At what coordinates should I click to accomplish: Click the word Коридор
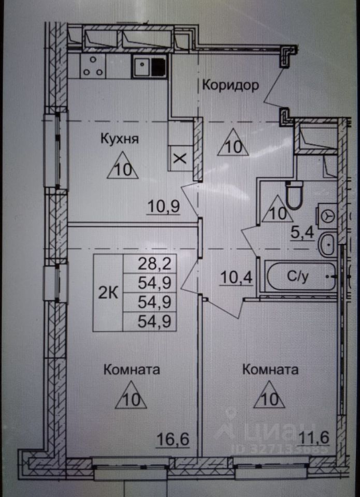point(230,85)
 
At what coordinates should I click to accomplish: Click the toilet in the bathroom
point(296,196)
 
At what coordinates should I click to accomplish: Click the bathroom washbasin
point(327,245)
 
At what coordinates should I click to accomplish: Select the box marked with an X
point(180,158)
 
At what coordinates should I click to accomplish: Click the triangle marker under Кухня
point(123,167)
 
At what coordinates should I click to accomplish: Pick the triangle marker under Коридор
point(233,144)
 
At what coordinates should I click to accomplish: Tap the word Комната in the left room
point(132,370)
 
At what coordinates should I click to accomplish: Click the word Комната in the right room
point(270,370)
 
